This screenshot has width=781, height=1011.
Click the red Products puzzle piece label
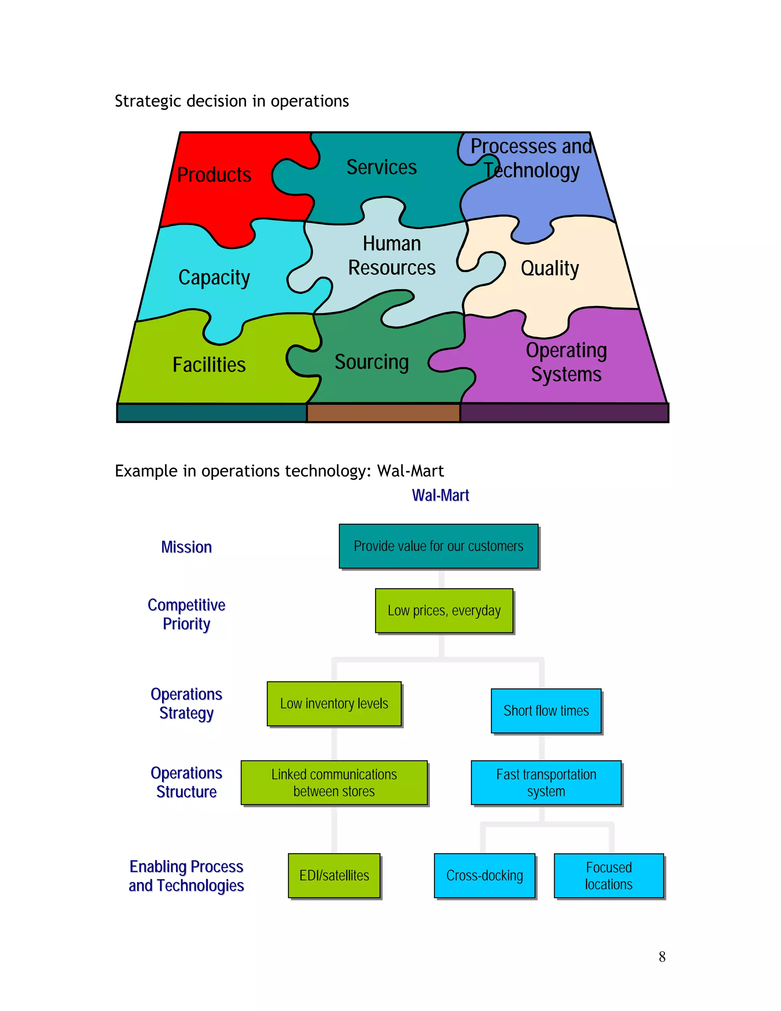[x=214, y=175]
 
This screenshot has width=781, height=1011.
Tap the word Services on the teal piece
[x=381, y=167]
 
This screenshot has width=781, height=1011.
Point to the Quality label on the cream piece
[x=549, y=268]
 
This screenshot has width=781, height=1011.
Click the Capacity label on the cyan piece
[x=214, y=278]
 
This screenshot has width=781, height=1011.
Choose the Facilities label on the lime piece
[x=209, y=365]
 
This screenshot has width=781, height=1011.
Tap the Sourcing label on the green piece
[x=371, y=362]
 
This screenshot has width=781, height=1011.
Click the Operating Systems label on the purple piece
[x=566, y=362]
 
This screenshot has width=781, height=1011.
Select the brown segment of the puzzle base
[x=383, y=412]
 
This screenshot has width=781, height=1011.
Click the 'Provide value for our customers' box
[x=438, y=546]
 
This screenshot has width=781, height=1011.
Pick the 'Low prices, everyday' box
[x=444, y=610]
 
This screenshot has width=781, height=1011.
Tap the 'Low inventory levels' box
[x=334, y=704]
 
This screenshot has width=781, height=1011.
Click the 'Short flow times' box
[x=546, y=711]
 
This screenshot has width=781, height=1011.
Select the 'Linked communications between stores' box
[x=334, y=783]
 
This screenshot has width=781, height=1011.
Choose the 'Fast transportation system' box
[x=546, y=783]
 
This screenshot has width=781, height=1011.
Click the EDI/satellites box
[x=334, y=875]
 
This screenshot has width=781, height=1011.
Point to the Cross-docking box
[x=484, y=875]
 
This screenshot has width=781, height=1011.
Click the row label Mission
[x=186, y=547]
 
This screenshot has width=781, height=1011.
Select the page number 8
[x=662, y=957]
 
